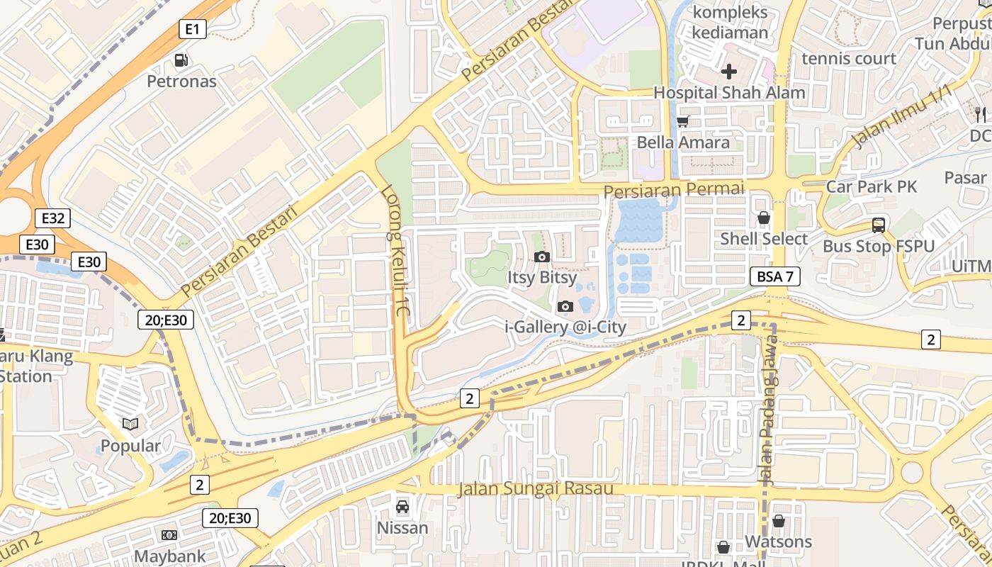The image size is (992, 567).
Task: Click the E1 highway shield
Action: tap(192, 29)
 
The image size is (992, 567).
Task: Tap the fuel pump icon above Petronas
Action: tap(181, 61)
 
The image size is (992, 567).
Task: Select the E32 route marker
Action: tap(53, 218)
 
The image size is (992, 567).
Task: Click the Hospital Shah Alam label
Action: tap(729, 92)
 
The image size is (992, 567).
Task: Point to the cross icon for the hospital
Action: tap(729, 72)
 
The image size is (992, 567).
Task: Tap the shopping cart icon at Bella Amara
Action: tap(683, 122)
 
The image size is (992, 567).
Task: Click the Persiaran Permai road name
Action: tap(674, 190)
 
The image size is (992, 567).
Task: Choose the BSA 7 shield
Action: tap(775, 276)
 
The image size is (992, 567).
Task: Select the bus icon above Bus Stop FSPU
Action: tap(879, 225)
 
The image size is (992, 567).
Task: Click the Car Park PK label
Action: tap(872, 186)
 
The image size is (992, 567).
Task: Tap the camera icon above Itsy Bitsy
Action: tap(542, 257)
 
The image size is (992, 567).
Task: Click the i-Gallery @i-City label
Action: tap(565, 327)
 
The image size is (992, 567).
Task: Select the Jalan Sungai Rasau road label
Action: tap(535, 489)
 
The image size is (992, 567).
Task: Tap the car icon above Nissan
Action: tap(402, 507)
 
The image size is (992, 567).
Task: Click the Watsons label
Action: tap(778, 542)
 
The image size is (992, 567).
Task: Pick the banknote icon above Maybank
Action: tap(169, 535)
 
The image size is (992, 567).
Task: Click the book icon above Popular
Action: tap(130, 424)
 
